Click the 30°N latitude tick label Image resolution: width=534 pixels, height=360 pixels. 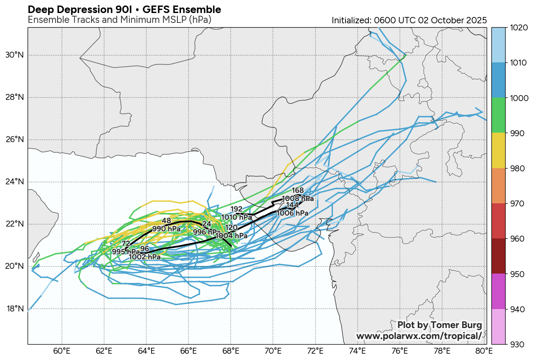(x=15, y=55)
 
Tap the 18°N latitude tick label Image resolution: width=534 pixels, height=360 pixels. (x=15, y=309)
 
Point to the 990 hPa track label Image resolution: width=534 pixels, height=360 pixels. (x=166, y=229)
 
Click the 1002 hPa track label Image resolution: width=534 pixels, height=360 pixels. (x=145, y=257)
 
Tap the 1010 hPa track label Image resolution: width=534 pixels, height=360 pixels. (x=236, y=217)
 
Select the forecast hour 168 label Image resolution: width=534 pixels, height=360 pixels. (x=298, y=191)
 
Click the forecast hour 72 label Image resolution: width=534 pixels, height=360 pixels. (x=126, y=244)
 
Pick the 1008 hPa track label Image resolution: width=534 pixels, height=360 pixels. (x=298, y=199)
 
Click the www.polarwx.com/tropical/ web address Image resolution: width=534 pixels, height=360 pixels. (x=419, y=336)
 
